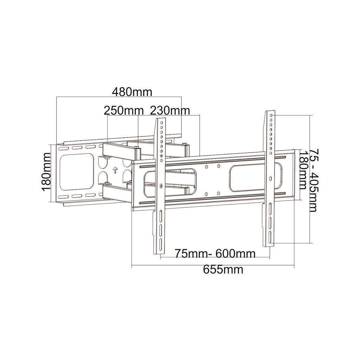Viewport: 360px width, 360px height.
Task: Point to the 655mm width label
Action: click(223, 270)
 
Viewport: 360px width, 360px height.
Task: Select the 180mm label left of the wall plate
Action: click(46, 172)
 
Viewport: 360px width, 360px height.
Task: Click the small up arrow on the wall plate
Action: click(114, 171)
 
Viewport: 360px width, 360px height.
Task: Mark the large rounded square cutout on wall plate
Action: click(77, 171)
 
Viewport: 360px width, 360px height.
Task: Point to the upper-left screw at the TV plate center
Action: click(206, 166)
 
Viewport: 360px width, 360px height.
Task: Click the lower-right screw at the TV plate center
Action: click(218, 193)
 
